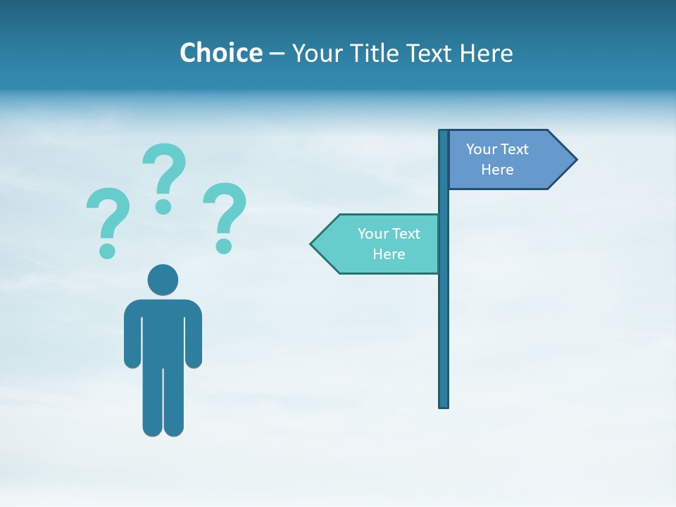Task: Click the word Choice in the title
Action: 220,53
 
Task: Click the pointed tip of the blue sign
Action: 575,159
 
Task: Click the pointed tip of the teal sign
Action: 312,244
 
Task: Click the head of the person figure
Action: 163,280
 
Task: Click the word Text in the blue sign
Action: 515,149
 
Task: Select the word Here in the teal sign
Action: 389,254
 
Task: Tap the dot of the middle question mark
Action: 163,206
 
